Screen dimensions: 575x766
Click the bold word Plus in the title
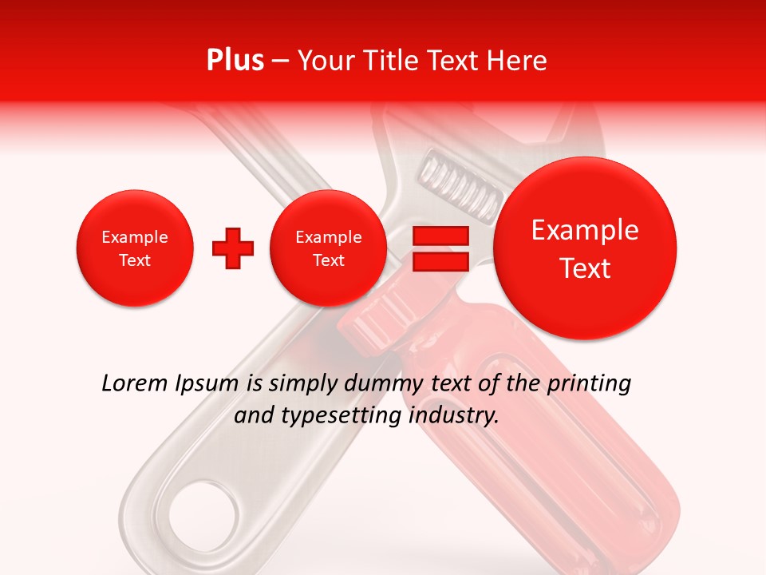point(235,61)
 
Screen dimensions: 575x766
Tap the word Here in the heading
point(517,61)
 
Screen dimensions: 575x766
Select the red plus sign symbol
point(233,248)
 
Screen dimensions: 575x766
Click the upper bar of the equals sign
point(440,236)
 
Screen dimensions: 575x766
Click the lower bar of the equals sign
point(440,263)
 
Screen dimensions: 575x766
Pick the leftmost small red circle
point(135,248)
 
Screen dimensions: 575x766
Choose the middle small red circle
point(329,248)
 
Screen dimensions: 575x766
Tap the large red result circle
point(585,248)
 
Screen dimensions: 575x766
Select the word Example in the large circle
point(585,230)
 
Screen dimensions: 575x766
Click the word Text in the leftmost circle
point(135,260)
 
